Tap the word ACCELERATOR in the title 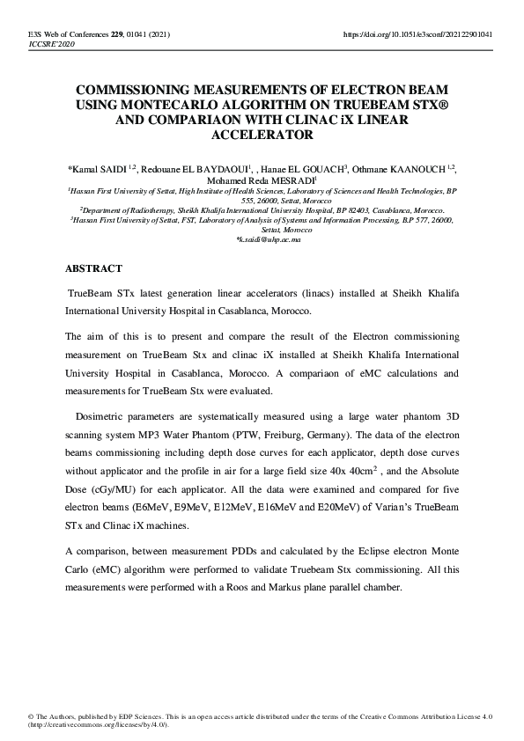click(x=262, y=136)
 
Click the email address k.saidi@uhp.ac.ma click(x=262, y=239)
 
